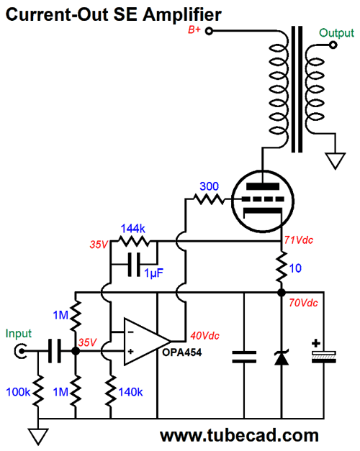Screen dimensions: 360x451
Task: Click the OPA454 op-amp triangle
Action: pos(145,342)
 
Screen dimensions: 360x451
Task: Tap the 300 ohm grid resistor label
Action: pos(209,186)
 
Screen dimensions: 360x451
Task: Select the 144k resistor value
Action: pos(132,229)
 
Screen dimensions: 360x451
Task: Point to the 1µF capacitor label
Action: pos(154,273)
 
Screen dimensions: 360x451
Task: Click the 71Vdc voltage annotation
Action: pos(299,240)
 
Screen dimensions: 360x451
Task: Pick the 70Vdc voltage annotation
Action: pos(303,303)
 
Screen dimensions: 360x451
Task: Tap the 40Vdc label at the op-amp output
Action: pos(204,336)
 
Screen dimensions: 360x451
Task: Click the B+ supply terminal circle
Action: pos(209,31)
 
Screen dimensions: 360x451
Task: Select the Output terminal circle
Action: pos(333,45)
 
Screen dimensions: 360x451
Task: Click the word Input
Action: pos(19,334)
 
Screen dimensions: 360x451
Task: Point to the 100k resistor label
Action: pos(18,392)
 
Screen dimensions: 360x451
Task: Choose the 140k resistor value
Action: pos(130,392)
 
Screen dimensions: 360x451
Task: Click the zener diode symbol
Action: pos(282,357)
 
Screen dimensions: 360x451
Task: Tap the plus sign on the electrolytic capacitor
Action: pos(316,343)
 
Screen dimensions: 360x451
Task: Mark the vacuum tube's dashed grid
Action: pos(263,199)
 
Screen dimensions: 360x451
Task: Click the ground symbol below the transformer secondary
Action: pos(336,161)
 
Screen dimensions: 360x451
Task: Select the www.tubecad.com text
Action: pos(239,435)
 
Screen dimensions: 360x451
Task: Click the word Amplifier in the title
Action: pos(182,14)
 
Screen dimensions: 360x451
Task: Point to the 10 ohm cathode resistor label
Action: pos(295,268)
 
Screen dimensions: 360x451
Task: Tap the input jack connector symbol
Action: pos(20,351)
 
